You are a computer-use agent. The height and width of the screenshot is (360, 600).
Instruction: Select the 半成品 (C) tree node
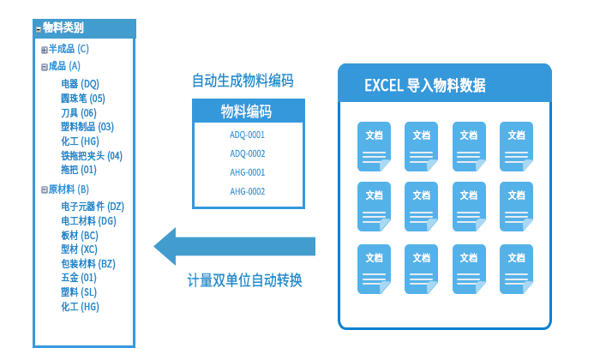(x=69, y=49)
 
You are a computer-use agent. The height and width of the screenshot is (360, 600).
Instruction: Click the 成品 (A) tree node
(x=64, y=66)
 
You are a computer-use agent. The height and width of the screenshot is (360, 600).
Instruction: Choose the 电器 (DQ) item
(x=80, y=84)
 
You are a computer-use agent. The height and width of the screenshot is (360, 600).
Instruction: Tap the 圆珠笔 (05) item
(x=82, y=99)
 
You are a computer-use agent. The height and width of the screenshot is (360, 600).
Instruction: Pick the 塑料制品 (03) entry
(x=87, y=127)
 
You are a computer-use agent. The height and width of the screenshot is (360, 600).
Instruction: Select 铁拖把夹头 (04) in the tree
(x=91, y=156)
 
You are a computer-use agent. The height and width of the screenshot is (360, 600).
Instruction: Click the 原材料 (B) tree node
(x=69, y=189)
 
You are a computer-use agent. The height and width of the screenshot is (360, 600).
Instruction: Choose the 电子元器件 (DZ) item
(x=92, y=207)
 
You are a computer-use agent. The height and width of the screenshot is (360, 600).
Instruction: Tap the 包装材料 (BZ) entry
(x=87, y=264)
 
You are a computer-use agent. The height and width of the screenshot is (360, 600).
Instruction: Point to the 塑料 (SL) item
(x=78, y=292)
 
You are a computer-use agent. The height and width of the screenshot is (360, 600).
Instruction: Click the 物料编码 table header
(x=247, y=111)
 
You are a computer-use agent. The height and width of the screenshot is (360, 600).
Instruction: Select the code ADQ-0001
(x=247, y=135)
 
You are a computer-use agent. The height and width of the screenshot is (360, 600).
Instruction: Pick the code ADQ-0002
(x=247, y=153)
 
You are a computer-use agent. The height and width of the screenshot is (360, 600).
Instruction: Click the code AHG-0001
(x=247, y=172)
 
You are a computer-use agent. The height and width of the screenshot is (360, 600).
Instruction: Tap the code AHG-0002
(x=247, y=191)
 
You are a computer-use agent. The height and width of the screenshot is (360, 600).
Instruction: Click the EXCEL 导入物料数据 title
(x=425, y=85)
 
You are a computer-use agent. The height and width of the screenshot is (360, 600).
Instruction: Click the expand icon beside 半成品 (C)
(x=45, y=50)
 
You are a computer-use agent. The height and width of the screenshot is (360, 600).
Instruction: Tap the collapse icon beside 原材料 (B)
(x=45, y=189)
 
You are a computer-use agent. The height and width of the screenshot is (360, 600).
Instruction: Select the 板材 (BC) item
(x=79, y=236)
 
